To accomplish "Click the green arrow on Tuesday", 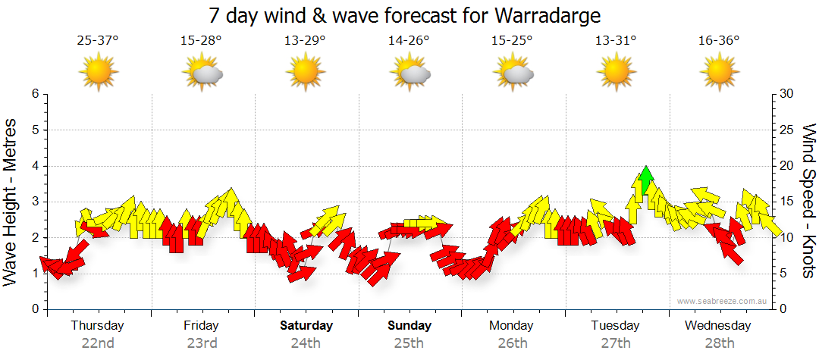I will pyautogui.click(x=645, y=181).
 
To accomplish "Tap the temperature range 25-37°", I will pyautogui.click(x=98, y=41).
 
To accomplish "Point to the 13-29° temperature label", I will pyautogui.click(x=305, y=41).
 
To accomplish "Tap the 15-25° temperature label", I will pyautogui.click(x=512, y=41).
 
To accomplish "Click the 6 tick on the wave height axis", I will pyautogui.click(x=34, y=94).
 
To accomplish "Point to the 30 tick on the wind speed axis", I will pyautogui.click(x=786, y=94).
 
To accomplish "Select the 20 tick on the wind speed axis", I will pyautogui.click(x=786, y=166).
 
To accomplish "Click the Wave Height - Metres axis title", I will pyautogui.click(x=11, y=202).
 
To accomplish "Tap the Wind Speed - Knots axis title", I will pyautogui.click(x=808, y=202).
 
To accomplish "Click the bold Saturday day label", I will pyautogui.click(x=306, y=326).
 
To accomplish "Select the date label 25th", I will pyautogui.click(x=409, y=343).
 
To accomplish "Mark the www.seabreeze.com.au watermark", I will pyautogui.click(x=723, y=301).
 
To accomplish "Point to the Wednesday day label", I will pyautogui.click(x=717, y=326).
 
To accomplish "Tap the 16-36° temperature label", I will pyautogui.click(x=719, y=41).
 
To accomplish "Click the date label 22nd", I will pyautogui.click(x=98, y=343).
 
